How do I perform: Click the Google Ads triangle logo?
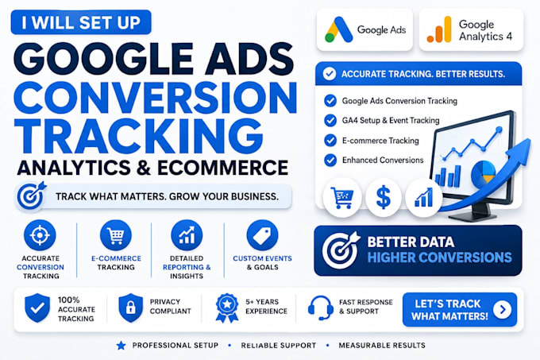[x=338, y=29]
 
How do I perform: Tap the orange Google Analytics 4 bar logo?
[x=439, y=29]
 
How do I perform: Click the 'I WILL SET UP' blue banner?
[x=81, y=22]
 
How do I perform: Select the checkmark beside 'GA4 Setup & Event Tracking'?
[x=330, y=121]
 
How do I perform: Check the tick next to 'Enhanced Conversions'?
[x=330, y=161]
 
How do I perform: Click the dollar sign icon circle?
[x=384, y=197]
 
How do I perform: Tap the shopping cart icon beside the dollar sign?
[x=342, y=197]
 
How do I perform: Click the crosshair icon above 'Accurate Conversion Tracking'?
[x=40, y=235]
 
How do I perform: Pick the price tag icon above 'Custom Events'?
[x=262, y=235]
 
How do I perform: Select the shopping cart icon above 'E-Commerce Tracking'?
[x=116, y=235]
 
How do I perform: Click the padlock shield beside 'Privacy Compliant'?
[x=130, y=308]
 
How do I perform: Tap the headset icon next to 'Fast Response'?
[x=321, y=308]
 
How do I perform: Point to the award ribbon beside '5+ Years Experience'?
[x=227, y=308]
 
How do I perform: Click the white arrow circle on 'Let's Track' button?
[x=503, y=309]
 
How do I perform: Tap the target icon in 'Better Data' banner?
[x=341, y=250]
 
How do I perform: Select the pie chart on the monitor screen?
[x=484, y=173]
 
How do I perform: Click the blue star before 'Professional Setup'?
[x=121, y=345]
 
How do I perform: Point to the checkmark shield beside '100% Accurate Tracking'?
[x=37, y=308]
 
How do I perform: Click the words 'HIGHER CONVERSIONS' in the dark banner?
[x=440, y=257]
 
